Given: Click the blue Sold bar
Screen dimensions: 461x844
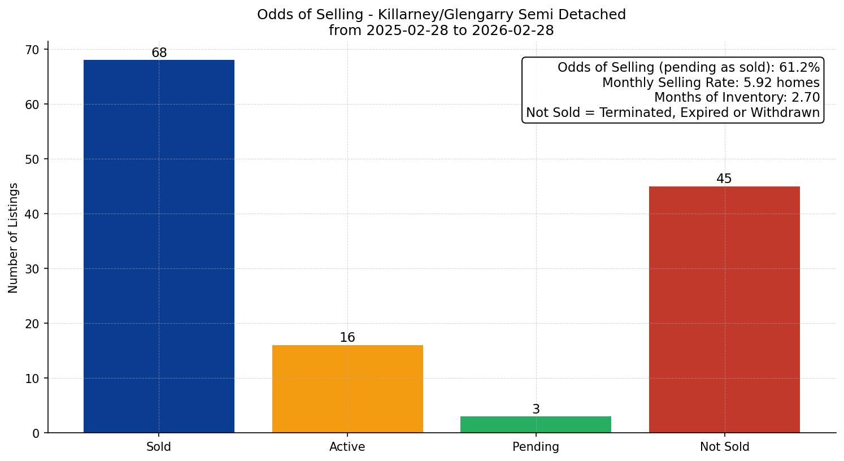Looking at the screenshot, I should tap(159, 246).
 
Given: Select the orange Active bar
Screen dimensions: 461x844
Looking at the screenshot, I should tap(347, 389).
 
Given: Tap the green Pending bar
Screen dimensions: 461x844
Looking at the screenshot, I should tap(536, 424).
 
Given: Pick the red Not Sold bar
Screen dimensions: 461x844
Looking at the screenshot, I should tap(724, 309).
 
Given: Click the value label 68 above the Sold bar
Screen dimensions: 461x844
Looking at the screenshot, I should tap(159, 53).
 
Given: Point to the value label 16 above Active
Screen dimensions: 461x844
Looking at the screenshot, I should tap(347, 338).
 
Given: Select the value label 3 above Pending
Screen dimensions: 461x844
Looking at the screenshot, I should tap(536, 410).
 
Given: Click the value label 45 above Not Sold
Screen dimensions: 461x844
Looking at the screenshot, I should tap(724, 179).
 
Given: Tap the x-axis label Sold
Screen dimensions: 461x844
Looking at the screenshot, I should tap(159, 447).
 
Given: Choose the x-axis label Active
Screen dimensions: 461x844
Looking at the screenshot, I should tap(347, 447).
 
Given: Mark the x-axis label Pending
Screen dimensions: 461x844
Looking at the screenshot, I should tap(536, 447).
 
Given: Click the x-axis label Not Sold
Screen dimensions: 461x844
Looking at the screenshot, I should tap(724, 447).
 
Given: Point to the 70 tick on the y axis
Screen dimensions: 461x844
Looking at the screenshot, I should tap(33, 50).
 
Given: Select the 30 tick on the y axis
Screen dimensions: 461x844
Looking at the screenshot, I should tap(33, 269).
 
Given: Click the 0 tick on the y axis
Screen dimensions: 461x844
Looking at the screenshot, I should tap(37, 433).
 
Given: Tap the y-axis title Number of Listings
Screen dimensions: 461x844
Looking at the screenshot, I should tap(14, 238).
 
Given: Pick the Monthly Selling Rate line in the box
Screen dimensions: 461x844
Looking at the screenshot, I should tap(711, 83).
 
